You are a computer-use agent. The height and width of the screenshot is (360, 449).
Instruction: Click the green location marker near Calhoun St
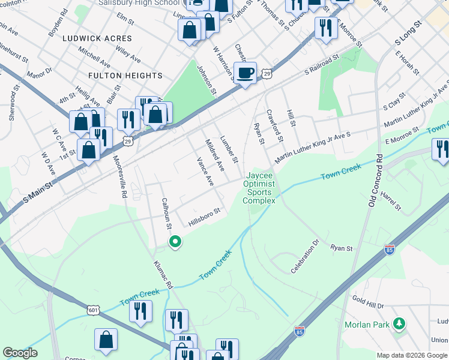coord(175,242)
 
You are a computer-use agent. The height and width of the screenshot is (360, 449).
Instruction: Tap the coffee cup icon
coord(245,73)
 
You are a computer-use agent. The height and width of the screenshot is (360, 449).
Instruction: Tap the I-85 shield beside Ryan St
coord(390,248)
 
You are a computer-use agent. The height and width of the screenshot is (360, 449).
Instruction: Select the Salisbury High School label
coord(142,3)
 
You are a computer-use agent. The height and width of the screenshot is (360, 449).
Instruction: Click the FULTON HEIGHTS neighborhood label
coord(125,76)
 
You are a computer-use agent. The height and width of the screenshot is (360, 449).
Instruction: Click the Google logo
coord(20,353)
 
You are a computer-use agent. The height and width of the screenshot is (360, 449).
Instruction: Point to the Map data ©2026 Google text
coord(412,355)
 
